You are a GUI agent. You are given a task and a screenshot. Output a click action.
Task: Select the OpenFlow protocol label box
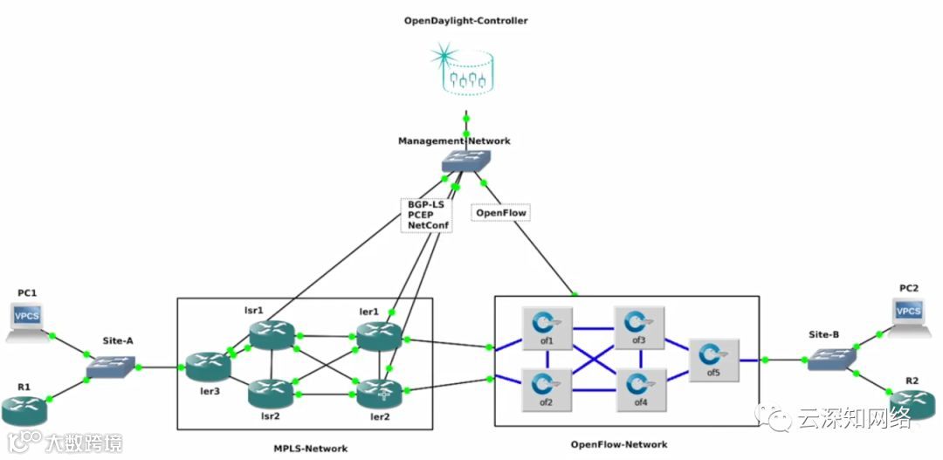(x=500, y=212)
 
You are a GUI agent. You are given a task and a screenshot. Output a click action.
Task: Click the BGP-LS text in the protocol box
(x=426, y=203)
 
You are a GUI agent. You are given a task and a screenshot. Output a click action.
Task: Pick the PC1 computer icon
(x=28, y=319)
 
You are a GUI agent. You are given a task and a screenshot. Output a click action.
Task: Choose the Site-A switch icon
(x=110, y=367)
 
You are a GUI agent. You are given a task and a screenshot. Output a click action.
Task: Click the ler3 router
(x=207, y=367)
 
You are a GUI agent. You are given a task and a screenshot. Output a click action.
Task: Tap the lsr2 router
(x=269, y=393)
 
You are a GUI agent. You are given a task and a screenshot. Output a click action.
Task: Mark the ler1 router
(x=379, y=335)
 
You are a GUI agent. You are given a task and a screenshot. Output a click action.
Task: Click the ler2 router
(x=379, y=394)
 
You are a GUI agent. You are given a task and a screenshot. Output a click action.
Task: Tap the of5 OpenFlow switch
(x=714, y=356)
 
